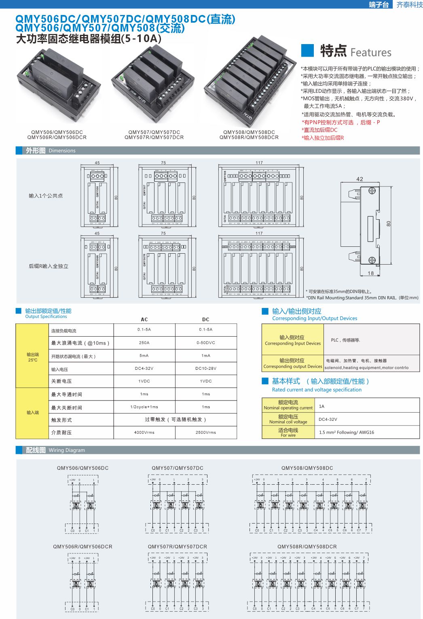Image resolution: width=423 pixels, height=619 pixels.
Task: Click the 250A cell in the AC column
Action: point(144,343)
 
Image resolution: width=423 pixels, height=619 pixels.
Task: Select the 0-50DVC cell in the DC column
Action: point(206,343)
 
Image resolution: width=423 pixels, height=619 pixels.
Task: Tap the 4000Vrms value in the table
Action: point(144,432)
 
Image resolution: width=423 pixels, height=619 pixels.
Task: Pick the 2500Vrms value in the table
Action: point(206,432)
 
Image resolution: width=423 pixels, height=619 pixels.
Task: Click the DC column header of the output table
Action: point(206,320)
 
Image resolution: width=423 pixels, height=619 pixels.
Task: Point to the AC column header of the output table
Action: point(144,320)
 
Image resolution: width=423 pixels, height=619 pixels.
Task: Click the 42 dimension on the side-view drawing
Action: point(360,179)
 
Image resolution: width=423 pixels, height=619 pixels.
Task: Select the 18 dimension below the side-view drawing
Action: point(371,273)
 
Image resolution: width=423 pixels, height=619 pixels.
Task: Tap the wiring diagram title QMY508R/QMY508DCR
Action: point(307,547)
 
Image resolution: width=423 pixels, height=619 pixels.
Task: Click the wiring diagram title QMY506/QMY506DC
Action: point(82,468)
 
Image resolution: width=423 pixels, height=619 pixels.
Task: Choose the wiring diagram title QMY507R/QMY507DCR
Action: point(178,547)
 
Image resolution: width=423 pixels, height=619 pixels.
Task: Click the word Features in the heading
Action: point(371,53)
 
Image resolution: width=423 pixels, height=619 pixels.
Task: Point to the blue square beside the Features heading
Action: point(308,51)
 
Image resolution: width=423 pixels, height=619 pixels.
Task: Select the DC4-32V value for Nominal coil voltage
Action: point(328,420)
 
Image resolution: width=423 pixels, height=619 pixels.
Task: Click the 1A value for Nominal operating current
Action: point(322,406)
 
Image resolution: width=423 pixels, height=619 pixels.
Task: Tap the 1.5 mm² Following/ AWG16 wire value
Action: point(347,432)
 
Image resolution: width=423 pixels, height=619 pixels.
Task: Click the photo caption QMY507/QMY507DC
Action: point(154,132)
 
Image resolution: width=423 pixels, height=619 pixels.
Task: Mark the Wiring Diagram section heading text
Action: point(67,450)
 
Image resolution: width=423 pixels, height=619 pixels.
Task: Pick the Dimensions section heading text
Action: point(62,151)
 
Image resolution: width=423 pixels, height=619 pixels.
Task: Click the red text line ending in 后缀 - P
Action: point(341,123)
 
